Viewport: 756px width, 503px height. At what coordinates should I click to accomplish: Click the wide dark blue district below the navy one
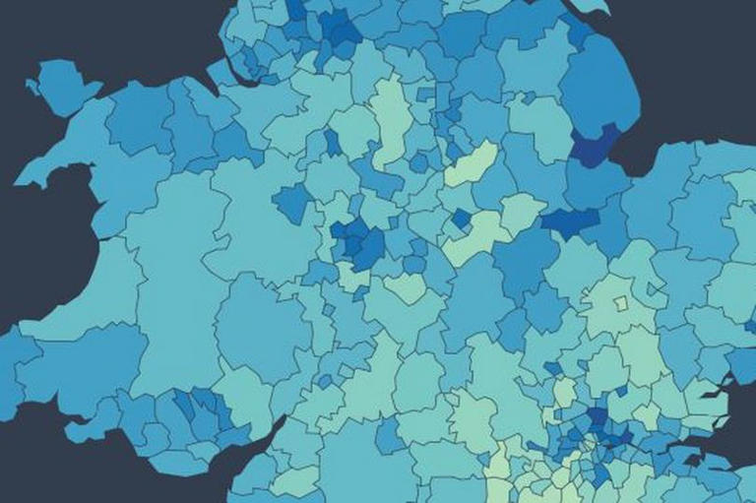coord(570,220)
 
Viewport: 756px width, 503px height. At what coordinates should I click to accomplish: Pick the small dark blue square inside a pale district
coord(461,218)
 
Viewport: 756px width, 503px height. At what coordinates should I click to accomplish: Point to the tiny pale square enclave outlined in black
coord(620,302)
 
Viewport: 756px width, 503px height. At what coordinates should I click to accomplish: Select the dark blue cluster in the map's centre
coord(359,241)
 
